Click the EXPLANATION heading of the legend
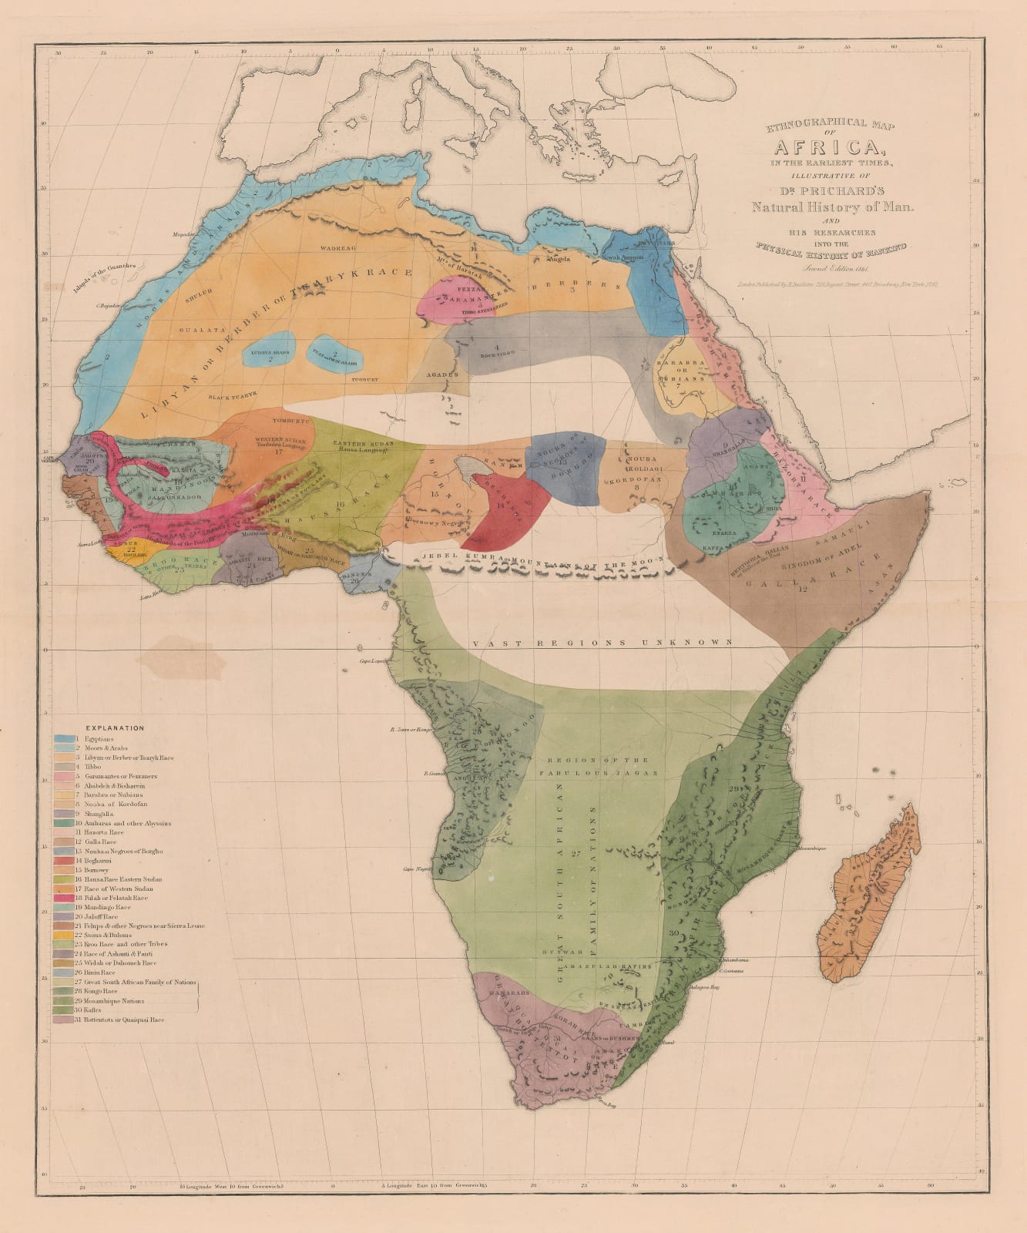pyautogui.click(x=115, y=727)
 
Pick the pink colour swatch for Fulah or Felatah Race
pyautogui.click(x=63, y=898)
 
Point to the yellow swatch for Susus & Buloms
pyautogui.click(x=63, y=935)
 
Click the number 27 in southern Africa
pyautogui.click(x=576, y=854)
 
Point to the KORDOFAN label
pyautogui.click(x=636, y=480)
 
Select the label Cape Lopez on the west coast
pyautogui.click(x=372, y=661)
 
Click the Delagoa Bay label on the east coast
pyautogui.click(x=703, y=986)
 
